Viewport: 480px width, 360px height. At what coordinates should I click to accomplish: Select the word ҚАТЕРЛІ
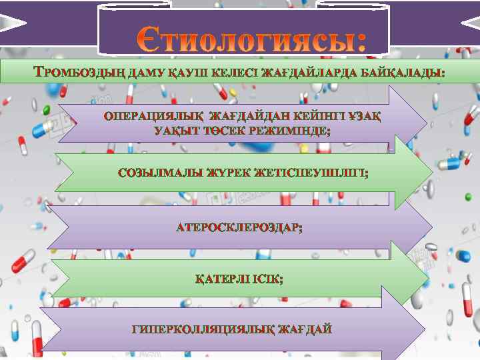(x=221, y=279)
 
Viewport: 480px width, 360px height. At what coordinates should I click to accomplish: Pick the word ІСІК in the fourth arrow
(x=267, y=279)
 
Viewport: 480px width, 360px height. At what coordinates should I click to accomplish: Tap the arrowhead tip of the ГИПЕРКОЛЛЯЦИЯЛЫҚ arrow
(x=424, y=328)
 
